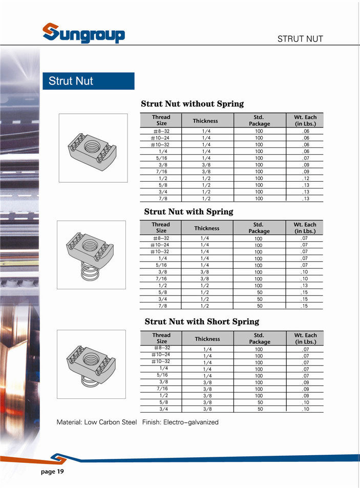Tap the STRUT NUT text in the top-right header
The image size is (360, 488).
300,39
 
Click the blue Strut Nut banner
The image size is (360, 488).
88,81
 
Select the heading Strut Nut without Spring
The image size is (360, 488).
192,104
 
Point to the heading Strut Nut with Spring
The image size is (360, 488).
188,211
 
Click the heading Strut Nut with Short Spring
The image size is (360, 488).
202,322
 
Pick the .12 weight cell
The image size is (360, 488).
306,178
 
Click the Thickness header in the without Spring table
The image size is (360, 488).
205,121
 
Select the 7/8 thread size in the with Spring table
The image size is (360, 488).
163,306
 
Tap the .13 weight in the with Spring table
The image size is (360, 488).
305,286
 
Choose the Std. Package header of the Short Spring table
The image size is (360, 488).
259,338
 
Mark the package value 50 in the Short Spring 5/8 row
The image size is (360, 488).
260,402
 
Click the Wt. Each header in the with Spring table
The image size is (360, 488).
305,228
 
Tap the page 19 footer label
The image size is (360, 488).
52,471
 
